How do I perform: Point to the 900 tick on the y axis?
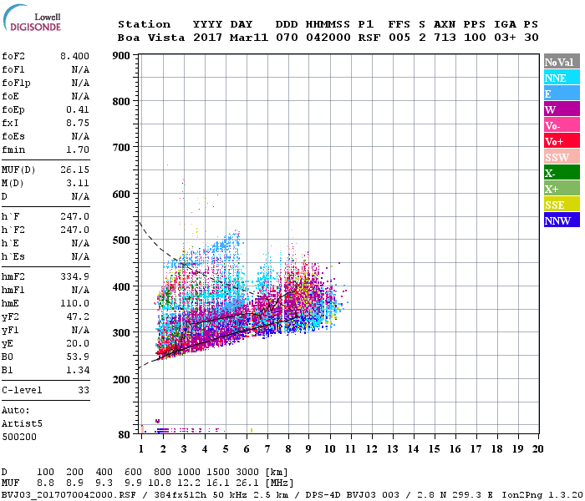(121, 56)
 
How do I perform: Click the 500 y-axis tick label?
(121, 240)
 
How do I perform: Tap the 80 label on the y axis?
(124, 434)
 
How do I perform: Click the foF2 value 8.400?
(74, 55)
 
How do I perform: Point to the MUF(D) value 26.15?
(74, 169)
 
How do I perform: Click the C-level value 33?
(83, 390)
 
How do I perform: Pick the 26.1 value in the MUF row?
(252, 483)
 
